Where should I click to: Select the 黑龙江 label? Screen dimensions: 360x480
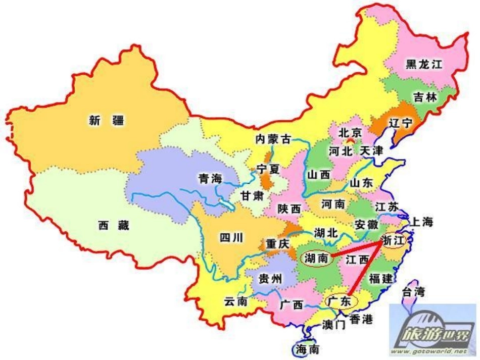pyautogui.click(x=424, y=65)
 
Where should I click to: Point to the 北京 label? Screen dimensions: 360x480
pyautogui.click(x=350, y=133)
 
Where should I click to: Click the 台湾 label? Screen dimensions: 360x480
pyautogui.click(x=413, y=291)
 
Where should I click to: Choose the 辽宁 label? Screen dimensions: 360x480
pyautogui.click(x=401, y=123)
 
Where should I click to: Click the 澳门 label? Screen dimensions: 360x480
pyautogui.click(x=333, y=325)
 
